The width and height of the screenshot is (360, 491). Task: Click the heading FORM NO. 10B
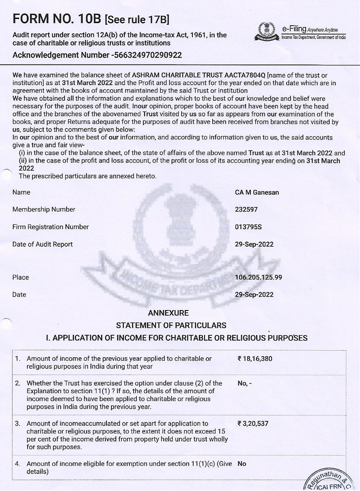pyautogui.click(x=57, y=19)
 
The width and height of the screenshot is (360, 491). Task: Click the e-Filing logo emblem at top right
pyautogui.click(x=266, y=32)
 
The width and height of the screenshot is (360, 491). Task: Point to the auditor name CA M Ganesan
pyautogui.click(x=257, y=192)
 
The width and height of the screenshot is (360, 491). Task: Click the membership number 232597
pyautogui.click(x=246, y=209)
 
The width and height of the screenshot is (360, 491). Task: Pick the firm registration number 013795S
pyautogui.click(x=248, y=227)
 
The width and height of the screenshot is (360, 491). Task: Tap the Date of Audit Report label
pyautogui.click(x=43, y=244)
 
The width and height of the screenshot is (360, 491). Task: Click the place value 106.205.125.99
pyautogui.click(x=259, y=278)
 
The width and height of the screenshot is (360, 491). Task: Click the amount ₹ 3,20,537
pyautogui.click(x=253, y=424)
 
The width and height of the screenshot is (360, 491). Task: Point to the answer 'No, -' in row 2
pyautogui.click(x=245, y=383)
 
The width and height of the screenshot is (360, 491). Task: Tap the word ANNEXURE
pyautogui.click(x=168, y=313)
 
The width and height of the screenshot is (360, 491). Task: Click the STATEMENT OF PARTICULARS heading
pyautogui.click(x=171, y=325)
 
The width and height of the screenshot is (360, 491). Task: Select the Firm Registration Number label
pyautogui.click(x=51, y=227)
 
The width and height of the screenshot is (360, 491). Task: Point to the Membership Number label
pyautogui.click(x=44, y=209)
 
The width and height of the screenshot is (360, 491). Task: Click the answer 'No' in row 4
pyautogui.click(x=242, y=463)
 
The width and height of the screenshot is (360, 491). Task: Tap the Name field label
pyautogui.click(x=22, y=192)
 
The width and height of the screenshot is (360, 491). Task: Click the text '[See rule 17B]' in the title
pyautogui.click(x=137, y=19)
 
